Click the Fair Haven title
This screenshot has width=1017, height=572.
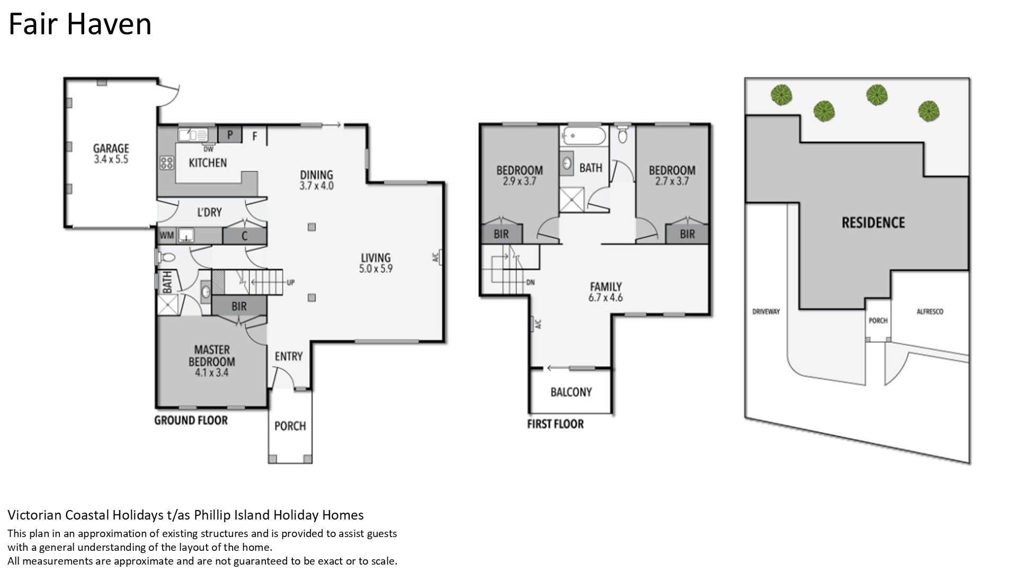pyautogui.click(x=80, y=24)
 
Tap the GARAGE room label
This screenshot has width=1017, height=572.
pyautogui.click(x=111, y=148)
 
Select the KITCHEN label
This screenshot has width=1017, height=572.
pyautogui.click(x=208, y=163)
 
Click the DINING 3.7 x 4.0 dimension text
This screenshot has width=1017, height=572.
pyautogui.click(x=317, y=186)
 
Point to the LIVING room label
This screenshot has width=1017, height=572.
pyautogui.click(x=376, y=258)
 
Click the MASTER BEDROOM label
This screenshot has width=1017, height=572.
pyautogui.click(x=212, y=356)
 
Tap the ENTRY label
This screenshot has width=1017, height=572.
pyautogui.click(x=289, y=356)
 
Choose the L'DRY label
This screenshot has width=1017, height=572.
pyautogui.click(x=209, y=212)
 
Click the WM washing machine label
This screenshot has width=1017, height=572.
pyautogui.click(x=166, y=235)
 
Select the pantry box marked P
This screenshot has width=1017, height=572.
pyautogui.click(x=230, y=135)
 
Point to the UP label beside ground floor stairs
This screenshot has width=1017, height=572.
pyautogui.click(x=290, y=283)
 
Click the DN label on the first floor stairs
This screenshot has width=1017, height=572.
pyautogui.click(x=531, y=282)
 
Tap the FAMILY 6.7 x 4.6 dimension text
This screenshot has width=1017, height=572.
pyautogui.click(x=606, y=298)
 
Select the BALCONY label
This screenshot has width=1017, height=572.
pyautogui.click(x=571, y=392)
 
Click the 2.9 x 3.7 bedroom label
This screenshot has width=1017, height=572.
pyautogui.click(x=519, y=181)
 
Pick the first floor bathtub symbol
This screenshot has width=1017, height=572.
pyautogui.click(x=583, y=136)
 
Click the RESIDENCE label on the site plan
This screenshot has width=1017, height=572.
pyautogui.click(x=873, y=222)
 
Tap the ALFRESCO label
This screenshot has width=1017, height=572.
pyautogui.click(x=930, y=312)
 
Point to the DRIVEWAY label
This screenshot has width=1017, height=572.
pyautogui.click(x=766, y=311)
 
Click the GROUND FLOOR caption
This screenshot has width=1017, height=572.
pyautogui.click(x=191, y=421)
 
